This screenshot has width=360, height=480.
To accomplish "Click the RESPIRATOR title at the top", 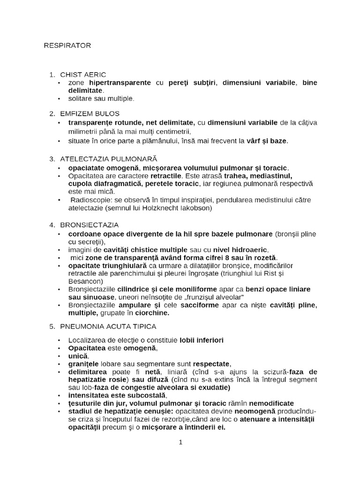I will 67,45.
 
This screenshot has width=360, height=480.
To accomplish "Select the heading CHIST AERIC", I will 83,75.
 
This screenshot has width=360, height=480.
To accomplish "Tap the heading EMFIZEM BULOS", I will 90,113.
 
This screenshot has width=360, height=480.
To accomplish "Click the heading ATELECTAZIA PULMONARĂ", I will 109,159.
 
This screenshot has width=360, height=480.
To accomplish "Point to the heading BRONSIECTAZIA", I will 89,225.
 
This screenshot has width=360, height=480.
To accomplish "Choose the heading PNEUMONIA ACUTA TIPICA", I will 108,326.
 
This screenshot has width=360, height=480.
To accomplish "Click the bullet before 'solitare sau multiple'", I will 59,98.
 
